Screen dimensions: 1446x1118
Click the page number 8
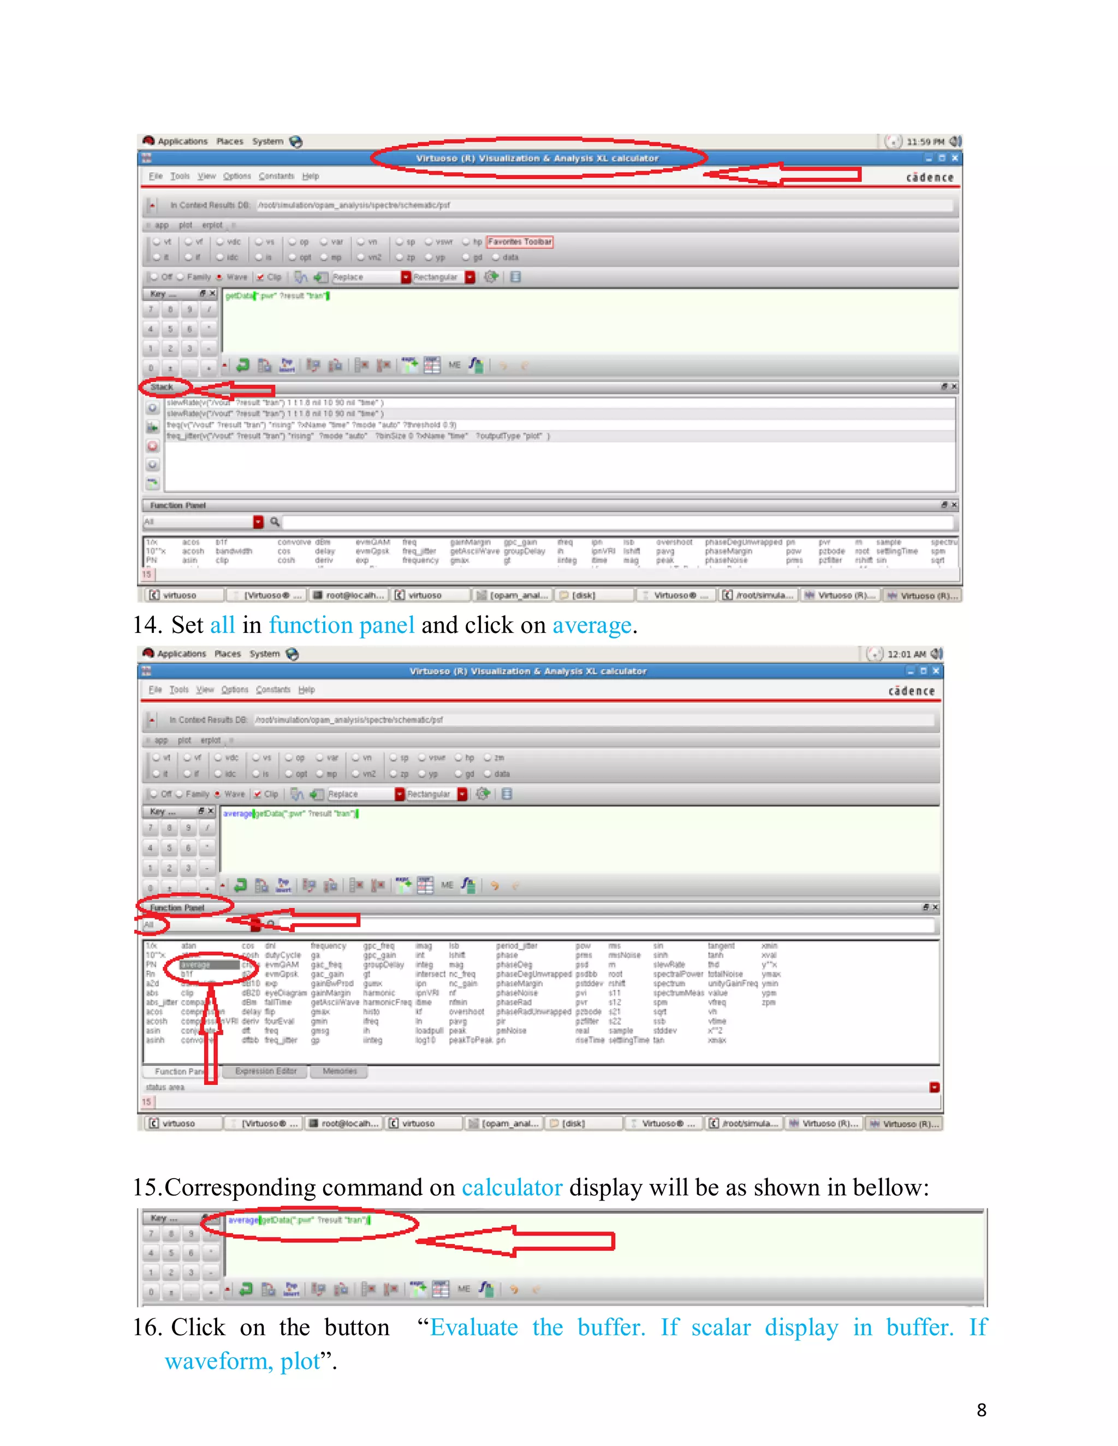tap(981, 1409)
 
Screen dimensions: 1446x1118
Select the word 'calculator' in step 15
tap(512, 1187)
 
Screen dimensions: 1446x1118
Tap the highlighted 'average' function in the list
tap(196, 965)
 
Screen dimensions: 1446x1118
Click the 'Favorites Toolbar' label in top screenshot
tap(520, 242)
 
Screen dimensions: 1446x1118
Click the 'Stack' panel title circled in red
tap(162, 387)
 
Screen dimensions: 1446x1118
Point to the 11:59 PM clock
tap(925, 142)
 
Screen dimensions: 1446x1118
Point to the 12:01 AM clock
tap(906, 654)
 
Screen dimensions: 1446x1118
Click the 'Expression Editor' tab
tap(266, 1071)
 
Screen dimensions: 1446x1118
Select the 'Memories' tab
tap(339, 1071)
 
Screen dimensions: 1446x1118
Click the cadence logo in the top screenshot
tap(929, 177)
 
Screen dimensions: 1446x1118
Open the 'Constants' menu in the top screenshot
tap(276, 176)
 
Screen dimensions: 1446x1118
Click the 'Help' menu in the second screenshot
tap(306, 689)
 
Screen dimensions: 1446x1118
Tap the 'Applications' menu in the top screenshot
tap(182, 141)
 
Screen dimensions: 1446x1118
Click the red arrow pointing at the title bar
tap(782, 174)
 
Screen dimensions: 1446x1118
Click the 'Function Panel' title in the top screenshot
tap(177, 505)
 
